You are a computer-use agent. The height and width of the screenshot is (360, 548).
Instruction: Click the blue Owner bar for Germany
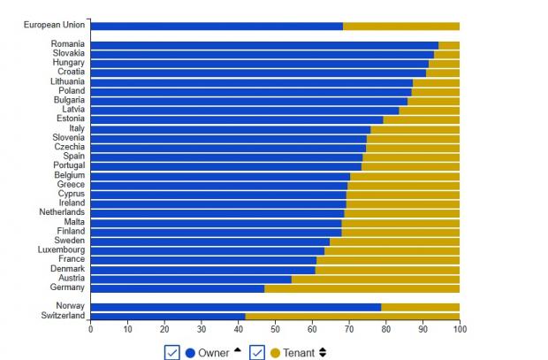point(177,288)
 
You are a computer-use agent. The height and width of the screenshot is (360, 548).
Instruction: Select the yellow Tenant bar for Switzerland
point(352,316)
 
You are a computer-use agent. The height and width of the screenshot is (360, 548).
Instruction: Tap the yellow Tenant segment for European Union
point(401,27)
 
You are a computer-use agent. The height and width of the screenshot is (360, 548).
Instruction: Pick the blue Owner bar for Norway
point(235,307)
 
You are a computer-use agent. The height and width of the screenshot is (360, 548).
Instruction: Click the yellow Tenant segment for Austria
point(376,279)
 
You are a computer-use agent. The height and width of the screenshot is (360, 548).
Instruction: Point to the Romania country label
point(67,44)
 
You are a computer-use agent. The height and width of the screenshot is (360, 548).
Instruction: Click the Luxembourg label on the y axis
point(62,250)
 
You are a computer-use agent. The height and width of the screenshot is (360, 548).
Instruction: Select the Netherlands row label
point(62,212)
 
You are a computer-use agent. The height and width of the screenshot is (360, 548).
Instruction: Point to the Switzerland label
point(63,316)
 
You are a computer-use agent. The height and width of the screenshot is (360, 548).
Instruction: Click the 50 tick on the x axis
point(275,329)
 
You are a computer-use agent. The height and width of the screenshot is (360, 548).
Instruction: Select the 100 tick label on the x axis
point(460,329)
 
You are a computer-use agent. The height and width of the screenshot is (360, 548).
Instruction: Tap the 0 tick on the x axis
point(90,329)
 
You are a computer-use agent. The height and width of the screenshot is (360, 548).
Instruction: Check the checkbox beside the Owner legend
point(172,352)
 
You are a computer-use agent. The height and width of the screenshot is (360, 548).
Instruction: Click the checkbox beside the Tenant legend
point(257,352)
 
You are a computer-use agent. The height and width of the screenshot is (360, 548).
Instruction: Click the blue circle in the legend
point(190,352)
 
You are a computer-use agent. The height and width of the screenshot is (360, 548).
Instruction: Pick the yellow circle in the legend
point(275,352)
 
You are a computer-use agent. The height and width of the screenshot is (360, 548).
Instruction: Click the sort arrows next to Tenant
point(323,352)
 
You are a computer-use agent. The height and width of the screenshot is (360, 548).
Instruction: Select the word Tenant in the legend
point(299,352)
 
